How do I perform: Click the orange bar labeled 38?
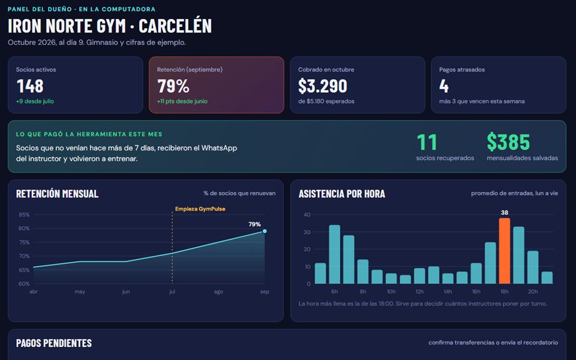pyautogui.click(x=505, y=251)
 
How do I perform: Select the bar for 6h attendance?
pyautogui.click(x=334, y=254)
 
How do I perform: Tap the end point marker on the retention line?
pyautogui.click(x=265, y=231)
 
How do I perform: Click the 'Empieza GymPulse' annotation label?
pyautogui.click(x=200, y=209)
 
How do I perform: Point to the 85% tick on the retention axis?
pyautogui.click(x=24, y=215)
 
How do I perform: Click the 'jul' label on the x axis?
pyautogui.click(x=172, y=292)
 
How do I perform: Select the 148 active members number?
pyautogui.click(x=30, y=86)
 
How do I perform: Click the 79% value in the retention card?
pyautogui.click(x=173, y=86)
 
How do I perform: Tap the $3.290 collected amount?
pyautogui.click(x=323, y=86)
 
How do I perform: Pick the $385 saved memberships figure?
pyautogui.click(x=508, y=142)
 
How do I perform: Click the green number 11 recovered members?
pyautogui.click(x=427, y=142)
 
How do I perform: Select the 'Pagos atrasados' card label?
pyautogui.click(x=462, y=70)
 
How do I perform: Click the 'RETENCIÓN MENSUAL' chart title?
pyautogui.click(x=58, y=194)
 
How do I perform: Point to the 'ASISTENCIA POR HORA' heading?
pyautogui.click(x=341, y=194)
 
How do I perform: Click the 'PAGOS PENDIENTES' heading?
pyautogui.click(x=54, y=343)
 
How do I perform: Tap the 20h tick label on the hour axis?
pyautogui.click(x=533, y=292)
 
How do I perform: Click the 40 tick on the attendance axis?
pyautogui.click(x=307, y=215)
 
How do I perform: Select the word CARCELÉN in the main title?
pyautogui.click(x=175, y=26)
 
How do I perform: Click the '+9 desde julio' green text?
pyautogui.click(x=35, y=101)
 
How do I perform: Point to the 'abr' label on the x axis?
pyautogui.click(x=34, y=292)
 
